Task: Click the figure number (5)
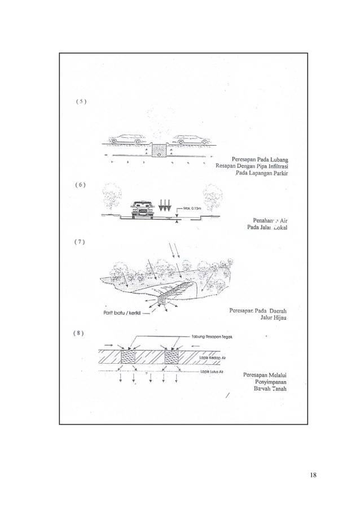pos(78,102)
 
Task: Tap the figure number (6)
pos(78,184)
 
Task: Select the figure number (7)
pos(78,242)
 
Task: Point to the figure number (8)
pos(78,332)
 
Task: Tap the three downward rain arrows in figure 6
pos(167,203)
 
